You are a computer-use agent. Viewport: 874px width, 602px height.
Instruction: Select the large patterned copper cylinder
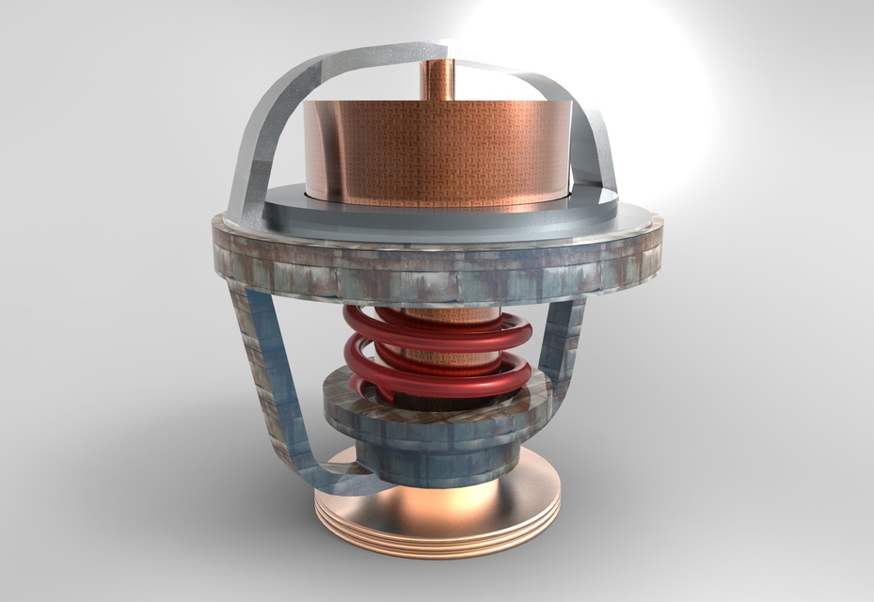coord(438,150)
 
